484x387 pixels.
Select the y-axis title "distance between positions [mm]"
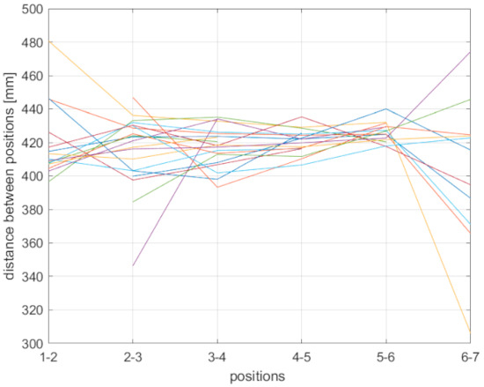pyautogui.click(x=10, y=176)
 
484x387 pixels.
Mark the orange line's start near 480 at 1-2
pyautogui.click(x=49, y=41)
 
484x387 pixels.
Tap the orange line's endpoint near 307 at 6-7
pyautogui.click(x=470, y=331)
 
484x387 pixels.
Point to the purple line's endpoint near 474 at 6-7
pyautogui.click(x=470, y=52)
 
